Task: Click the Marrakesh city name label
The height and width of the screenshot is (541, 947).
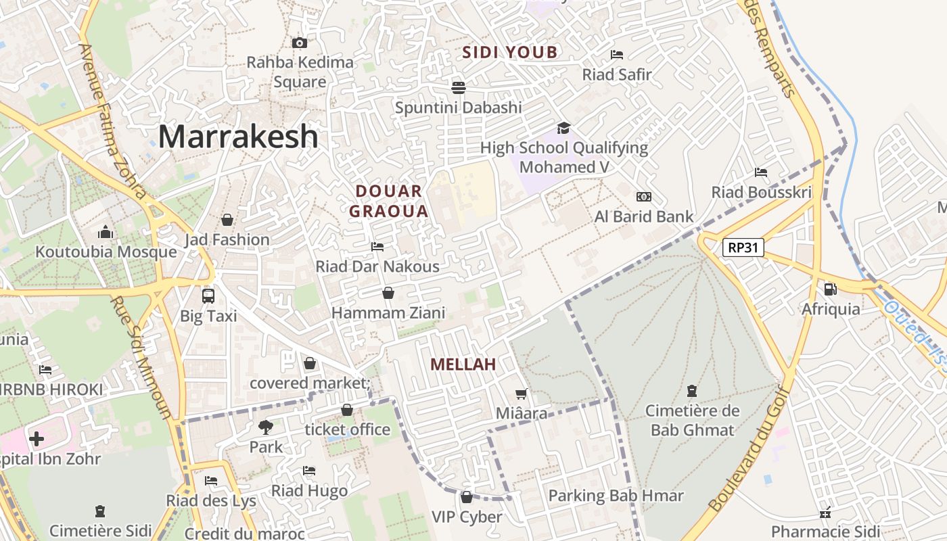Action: point(238,137)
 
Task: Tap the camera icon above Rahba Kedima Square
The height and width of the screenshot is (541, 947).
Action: point(300,43)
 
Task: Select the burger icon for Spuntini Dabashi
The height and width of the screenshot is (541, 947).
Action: point(459,87)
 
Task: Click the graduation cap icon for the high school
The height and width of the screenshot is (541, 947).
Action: point(563,128)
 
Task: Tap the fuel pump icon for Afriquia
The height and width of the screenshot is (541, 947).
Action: point(830,289)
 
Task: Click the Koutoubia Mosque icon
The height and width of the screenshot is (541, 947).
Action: point(105,233)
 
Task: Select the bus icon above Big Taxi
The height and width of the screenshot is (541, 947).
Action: point(208,296)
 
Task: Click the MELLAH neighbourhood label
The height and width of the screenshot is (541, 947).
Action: point(463,364)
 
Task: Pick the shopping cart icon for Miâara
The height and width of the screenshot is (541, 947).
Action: point(521,394)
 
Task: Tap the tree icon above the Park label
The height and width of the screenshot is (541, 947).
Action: point(266,427)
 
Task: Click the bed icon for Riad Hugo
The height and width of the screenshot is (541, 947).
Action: point(309,471)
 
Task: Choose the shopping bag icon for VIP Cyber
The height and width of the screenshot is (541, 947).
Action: point(466,497)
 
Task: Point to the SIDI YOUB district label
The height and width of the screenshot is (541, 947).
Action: point(510,52)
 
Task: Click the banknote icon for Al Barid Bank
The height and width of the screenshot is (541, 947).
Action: point(644,197)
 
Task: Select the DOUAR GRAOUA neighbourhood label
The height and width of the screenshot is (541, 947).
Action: point(389,201)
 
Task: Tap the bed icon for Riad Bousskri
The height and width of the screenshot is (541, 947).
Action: point(761,172)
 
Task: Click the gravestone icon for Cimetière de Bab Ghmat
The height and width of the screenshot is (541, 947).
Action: point(692,391)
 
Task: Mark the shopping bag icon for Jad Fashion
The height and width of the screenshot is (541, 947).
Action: point(227,220)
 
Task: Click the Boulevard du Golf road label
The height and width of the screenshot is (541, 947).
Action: point(749,449)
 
